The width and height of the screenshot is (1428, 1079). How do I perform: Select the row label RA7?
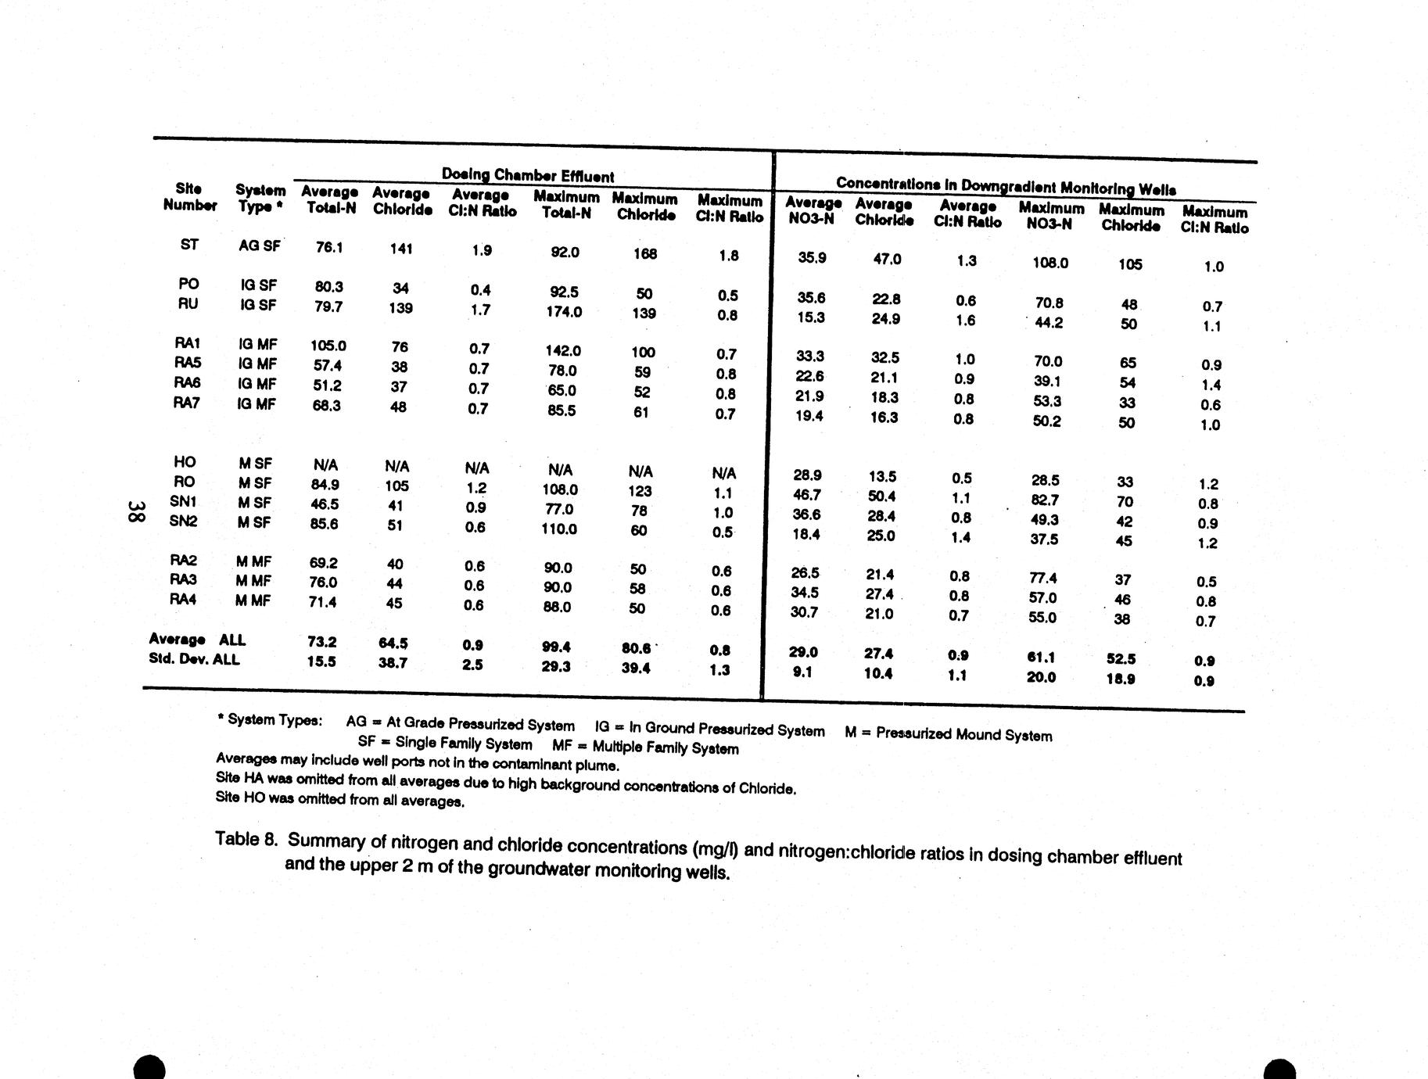[x=187, y=403]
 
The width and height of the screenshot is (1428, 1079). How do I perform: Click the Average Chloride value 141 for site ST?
[x=401, y=249]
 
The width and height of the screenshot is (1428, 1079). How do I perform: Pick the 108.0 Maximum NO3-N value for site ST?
[x=1049, y=263]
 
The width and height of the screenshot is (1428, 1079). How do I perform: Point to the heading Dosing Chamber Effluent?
[x=528, y=175]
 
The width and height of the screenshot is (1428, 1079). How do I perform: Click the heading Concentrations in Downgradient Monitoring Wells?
[x=1006, y=185]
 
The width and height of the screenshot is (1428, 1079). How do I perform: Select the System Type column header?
[x=260, y=198]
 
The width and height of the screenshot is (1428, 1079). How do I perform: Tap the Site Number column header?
[x=189, y=196]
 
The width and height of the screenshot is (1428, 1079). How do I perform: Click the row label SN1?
[x=183, y=502]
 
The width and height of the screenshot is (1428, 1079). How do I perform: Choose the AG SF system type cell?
[x=260, y=246]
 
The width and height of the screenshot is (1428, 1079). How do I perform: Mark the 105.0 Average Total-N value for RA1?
[x=328, y=346]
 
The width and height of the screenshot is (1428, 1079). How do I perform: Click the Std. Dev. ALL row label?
[x=194, y=659]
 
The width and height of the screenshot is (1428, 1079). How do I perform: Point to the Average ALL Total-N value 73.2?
[x=322, y=642]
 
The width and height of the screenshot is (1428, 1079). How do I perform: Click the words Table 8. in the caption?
[x=246, y=840]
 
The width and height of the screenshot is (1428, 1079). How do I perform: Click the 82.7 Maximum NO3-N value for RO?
[x=1045, y=500]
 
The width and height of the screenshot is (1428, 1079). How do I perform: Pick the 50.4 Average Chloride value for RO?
[x=882, y=496]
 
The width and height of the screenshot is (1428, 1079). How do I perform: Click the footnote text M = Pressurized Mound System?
[x=948, y=734]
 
